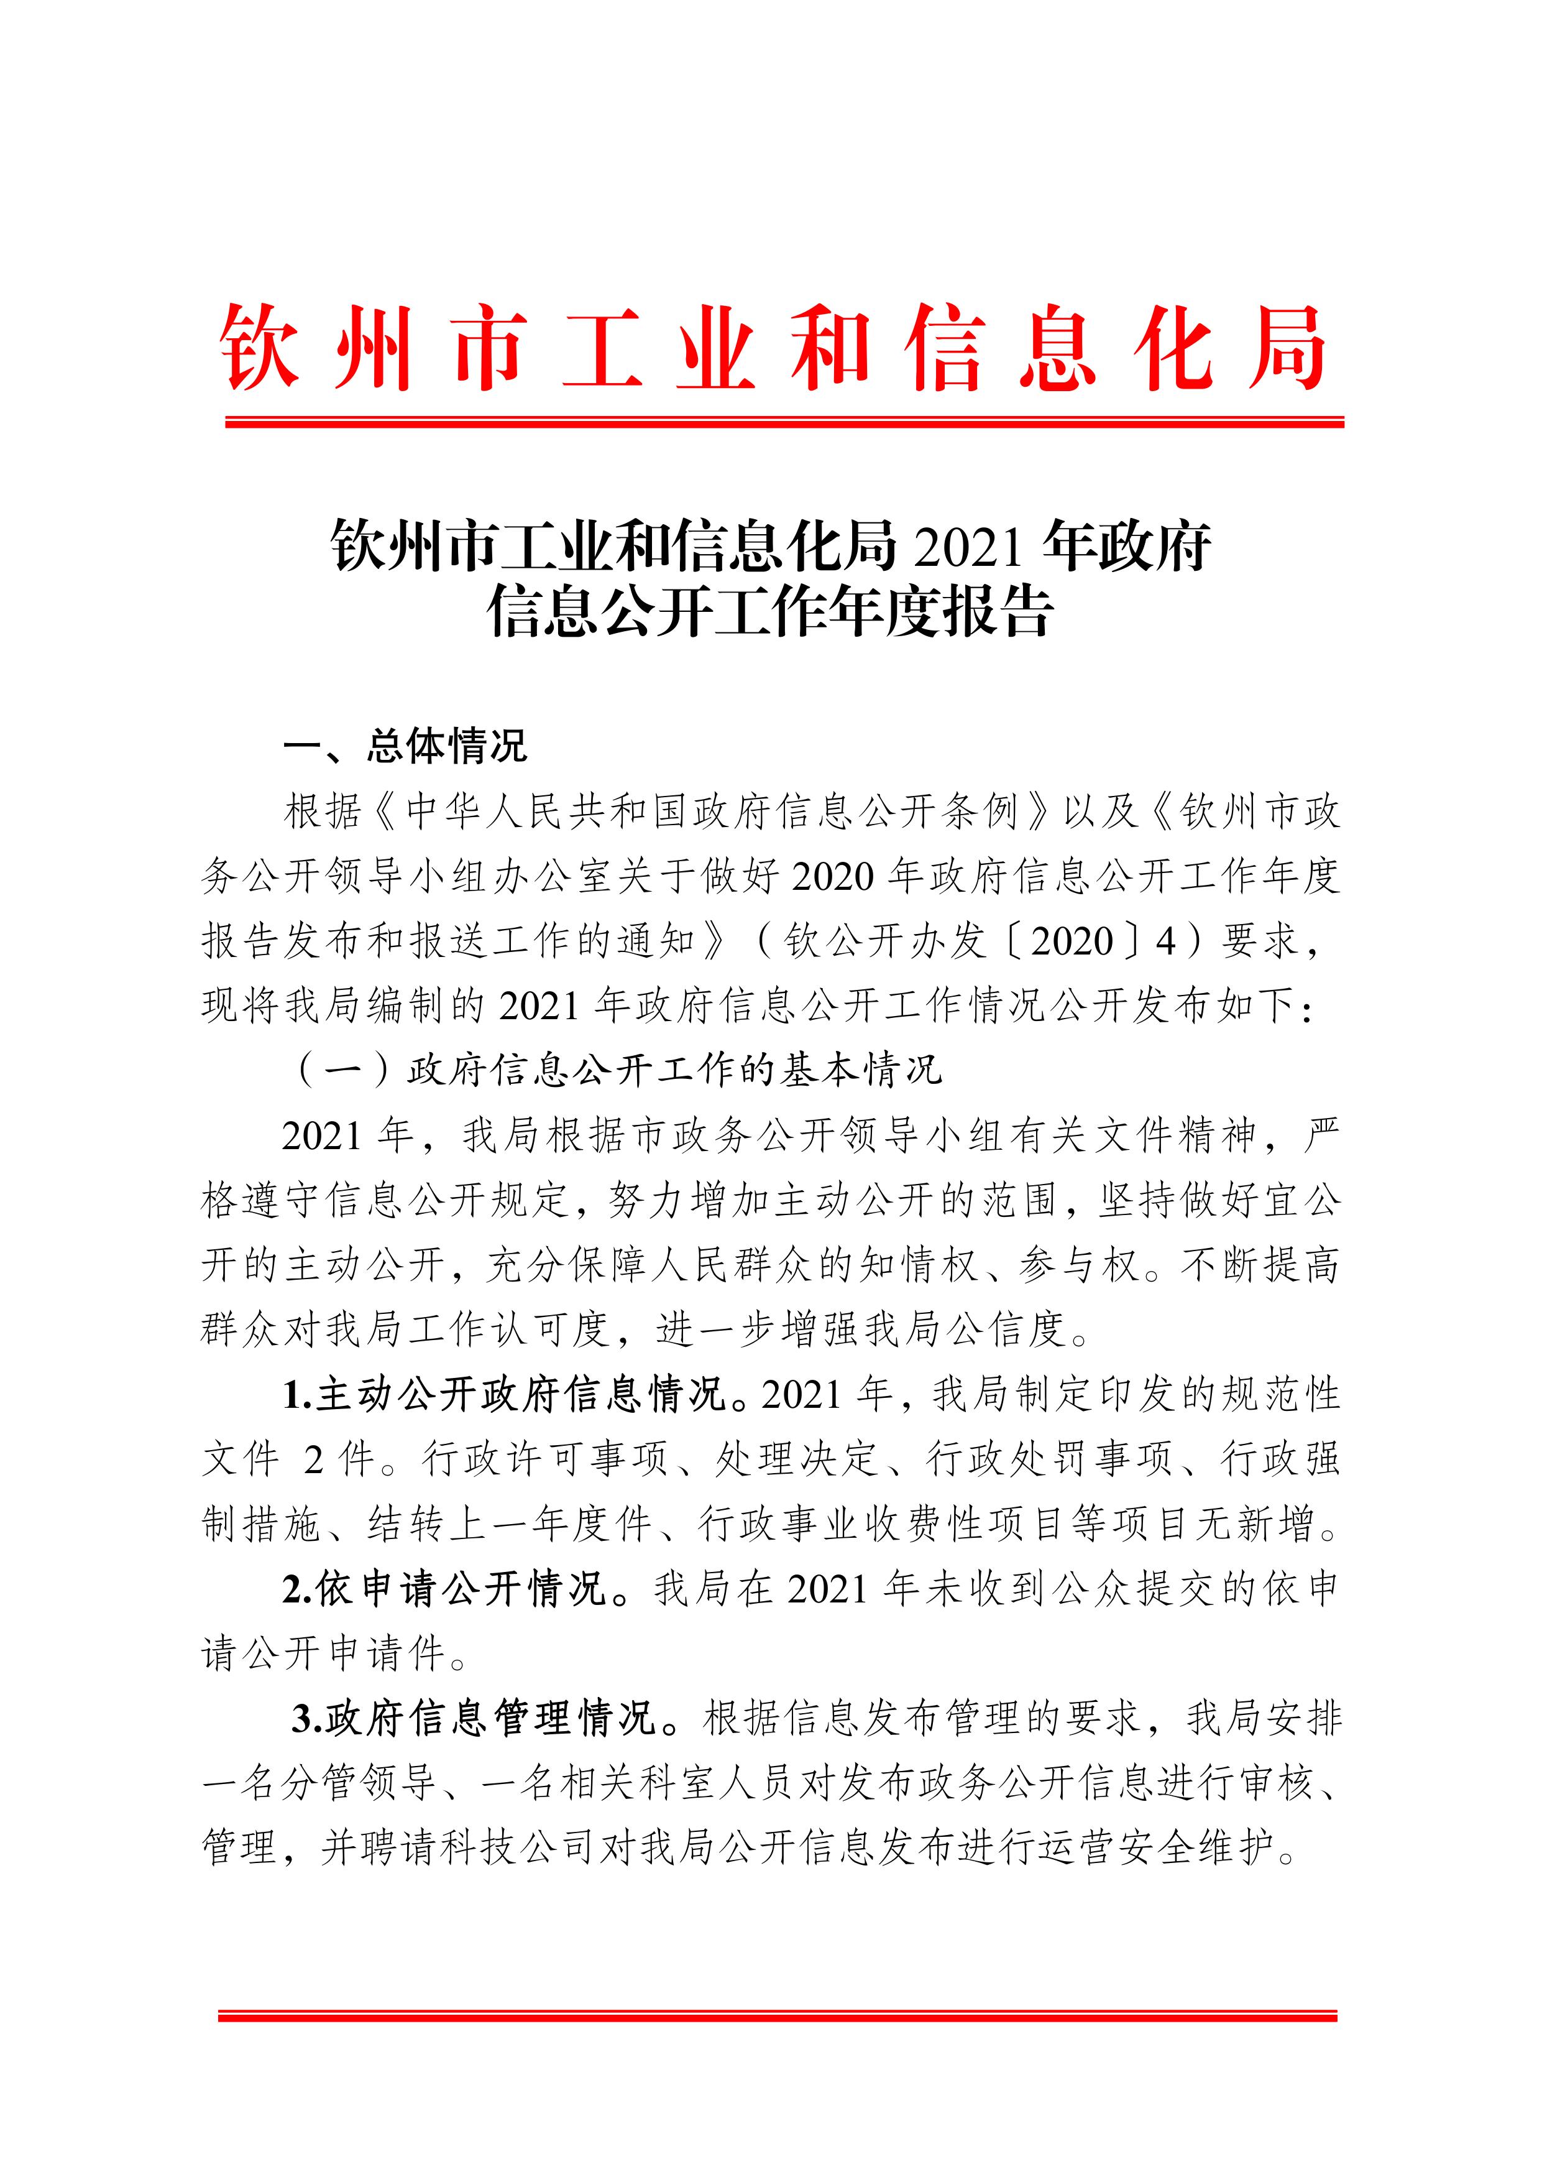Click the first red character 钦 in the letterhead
pos(259,349)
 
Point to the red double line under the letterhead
pos(784,422)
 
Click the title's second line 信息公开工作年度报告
pos(771,614)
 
